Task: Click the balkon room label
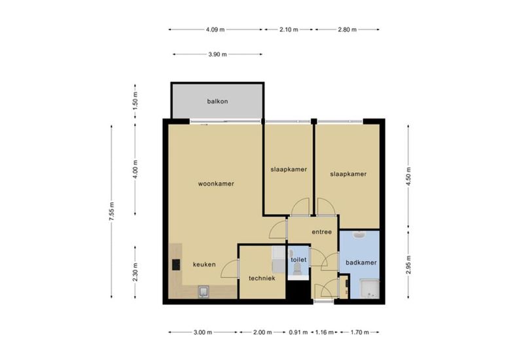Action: point(217,101)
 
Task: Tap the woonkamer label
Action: point(216,184)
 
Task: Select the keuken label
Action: point(204,264)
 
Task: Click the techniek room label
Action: point(262,278)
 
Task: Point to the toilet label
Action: point(298,260)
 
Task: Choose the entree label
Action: point(322,232)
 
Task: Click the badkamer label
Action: point(361,262)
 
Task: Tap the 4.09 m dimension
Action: point(215,29)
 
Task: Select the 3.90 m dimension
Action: point(217,54)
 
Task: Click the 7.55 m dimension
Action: point(111,212)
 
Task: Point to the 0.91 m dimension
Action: point(298,333)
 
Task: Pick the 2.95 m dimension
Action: point(408,264)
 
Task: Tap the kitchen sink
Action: point(204,291)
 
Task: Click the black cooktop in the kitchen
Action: point(176,264)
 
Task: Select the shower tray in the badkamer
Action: point(369,289)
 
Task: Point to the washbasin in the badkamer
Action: point(359,235)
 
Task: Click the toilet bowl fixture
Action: point(297,269)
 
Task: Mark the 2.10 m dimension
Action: point(289,29)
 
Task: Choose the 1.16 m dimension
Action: point(325,333)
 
